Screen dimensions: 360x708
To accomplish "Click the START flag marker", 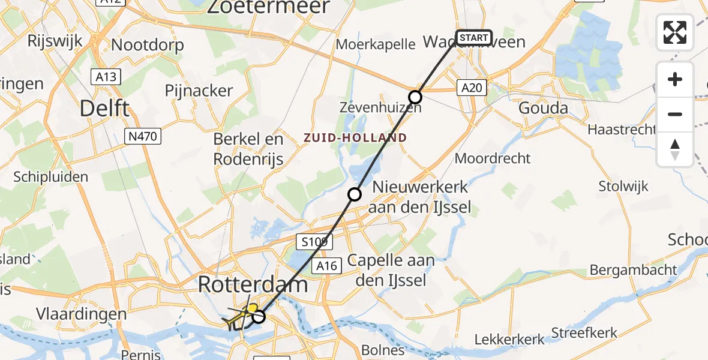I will pyautogui.click(x=474, y=38).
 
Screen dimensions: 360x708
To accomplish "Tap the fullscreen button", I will pyautogui.click(x=675, y=32).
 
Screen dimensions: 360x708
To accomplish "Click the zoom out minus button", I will pyautogui.click(x=675, y=114).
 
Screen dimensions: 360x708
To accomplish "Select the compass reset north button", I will pyautogui.click(x=675, y=149).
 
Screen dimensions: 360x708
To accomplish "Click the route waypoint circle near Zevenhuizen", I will pyautogui.click(x=415, y=97).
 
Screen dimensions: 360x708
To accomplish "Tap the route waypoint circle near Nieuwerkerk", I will pyautogui.click(x=355, y=194).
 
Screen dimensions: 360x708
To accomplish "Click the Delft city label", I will pyautogui.click(x=105, y=109).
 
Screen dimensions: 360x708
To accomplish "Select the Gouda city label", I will pyautogui.click(x=544, y=109).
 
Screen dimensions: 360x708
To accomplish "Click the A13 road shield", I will pyautogui.click(x=106, y=76).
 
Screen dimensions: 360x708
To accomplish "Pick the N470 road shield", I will pyautogui.click(x=142, y=137).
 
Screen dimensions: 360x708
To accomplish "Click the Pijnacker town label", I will pyautogui.click(x=199, y=91).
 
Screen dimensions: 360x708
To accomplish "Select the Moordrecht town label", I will pyautogui.click(x=493, y=158).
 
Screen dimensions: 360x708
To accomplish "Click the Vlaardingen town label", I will pyautogui.click(x=82, y=314).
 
